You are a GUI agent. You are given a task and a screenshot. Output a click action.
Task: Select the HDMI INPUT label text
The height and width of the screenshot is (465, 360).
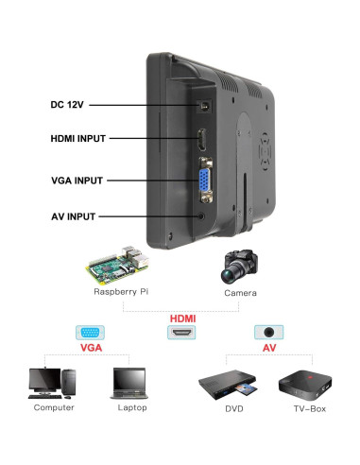pos(78,139)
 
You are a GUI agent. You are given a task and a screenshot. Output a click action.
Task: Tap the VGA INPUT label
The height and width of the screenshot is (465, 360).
pos(77,179)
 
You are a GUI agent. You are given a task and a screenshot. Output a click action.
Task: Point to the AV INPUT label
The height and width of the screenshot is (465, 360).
pos(74,215)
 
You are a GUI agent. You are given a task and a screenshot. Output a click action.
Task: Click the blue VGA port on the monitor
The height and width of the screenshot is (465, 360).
pos(204,181)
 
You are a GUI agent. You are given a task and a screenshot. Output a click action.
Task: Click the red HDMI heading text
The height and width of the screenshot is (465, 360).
pos(182,319)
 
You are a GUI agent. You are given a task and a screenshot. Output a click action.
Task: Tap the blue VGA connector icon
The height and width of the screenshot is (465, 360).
pos(91,335)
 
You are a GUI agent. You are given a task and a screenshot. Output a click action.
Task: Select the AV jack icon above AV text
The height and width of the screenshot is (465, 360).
pos(270,335)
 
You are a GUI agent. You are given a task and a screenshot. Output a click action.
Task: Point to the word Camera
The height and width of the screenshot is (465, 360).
pos(240,293)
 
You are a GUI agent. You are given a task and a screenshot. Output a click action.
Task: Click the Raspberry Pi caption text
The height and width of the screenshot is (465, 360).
pos(121,293)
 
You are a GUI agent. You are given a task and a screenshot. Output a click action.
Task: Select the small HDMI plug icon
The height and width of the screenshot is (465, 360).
pos(182,335)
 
